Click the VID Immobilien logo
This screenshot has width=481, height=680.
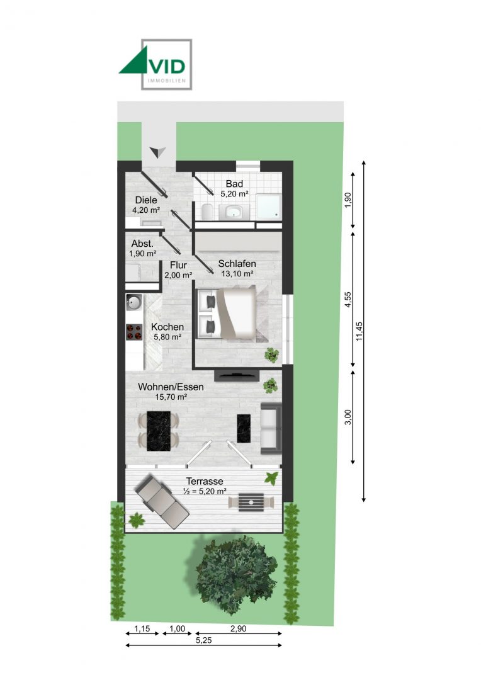point(156,64)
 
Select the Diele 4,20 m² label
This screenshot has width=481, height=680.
point(145,205)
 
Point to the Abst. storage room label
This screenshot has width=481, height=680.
point(142,248)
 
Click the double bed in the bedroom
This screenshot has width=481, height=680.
point(227,314)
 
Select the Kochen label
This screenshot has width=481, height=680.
point(167,332)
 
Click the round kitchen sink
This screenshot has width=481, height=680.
point(134,303)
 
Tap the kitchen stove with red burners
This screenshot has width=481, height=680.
point(134,332)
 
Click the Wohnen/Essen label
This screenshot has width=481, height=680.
point(171,392)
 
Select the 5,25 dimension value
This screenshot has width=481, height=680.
point(203,640)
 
